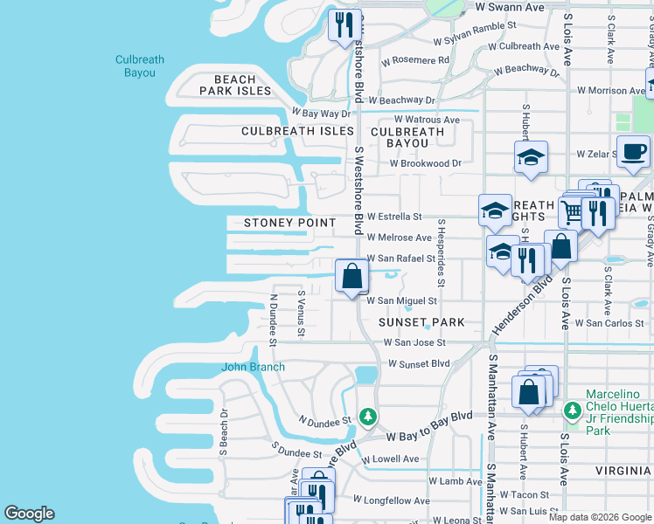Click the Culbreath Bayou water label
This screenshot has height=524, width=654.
click(x=140, y=66)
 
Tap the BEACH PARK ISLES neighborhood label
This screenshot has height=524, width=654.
click(x=235, y=85)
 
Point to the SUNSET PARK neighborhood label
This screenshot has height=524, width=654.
click(x=421, y=322)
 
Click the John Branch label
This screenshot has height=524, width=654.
click(x=254, y=367)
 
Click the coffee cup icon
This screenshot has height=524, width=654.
click(x=632, y=152)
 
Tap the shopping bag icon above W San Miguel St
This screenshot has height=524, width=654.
click(x=351, y=277)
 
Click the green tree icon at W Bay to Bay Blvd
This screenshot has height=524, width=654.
click(x=369, y=417)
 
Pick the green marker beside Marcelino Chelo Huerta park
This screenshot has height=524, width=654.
click(x=572, y=410)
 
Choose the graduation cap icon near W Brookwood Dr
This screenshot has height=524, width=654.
click(x=530, y=158)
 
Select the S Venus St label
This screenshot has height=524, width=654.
click(x=302, y=314)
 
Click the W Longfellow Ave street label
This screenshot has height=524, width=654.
click(x=391, y=500)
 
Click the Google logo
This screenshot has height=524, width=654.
click(x=29, y=514)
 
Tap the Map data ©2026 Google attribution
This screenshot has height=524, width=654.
click(x=599, y=517)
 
